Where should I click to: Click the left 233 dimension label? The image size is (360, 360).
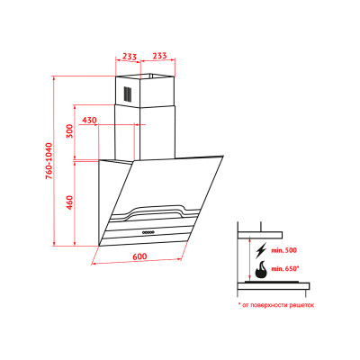tap(130, 56)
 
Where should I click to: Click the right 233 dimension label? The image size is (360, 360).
tap(159, 56)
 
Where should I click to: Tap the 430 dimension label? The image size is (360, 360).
tap(89, 121)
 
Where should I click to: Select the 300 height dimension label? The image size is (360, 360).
tap(69, 130)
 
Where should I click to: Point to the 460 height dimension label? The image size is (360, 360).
tap(69, 202)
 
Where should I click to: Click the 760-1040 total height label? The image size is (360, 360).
tap(49, 161)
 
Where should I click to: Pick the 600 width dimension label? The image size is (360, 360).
tap(139, 256)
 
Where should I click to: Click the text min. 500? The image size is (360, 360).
tap(284, 250)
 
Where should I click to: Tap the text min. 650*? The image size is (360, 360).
tap(285, 268)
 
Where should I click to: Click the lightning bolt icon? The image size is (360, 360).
tap(260, 251)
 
